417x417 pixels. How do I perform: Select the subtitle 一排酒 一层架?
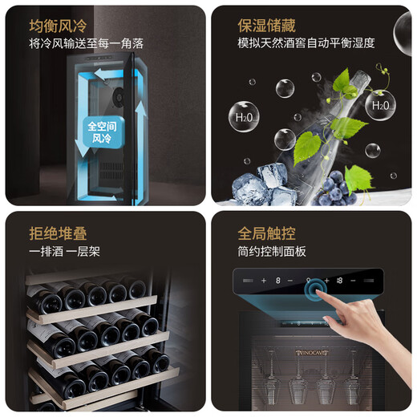click(x=65, y=253)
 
